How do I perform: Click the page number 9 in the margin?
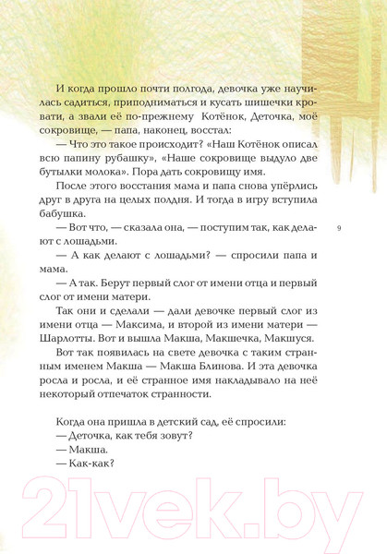coord(339,226)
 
